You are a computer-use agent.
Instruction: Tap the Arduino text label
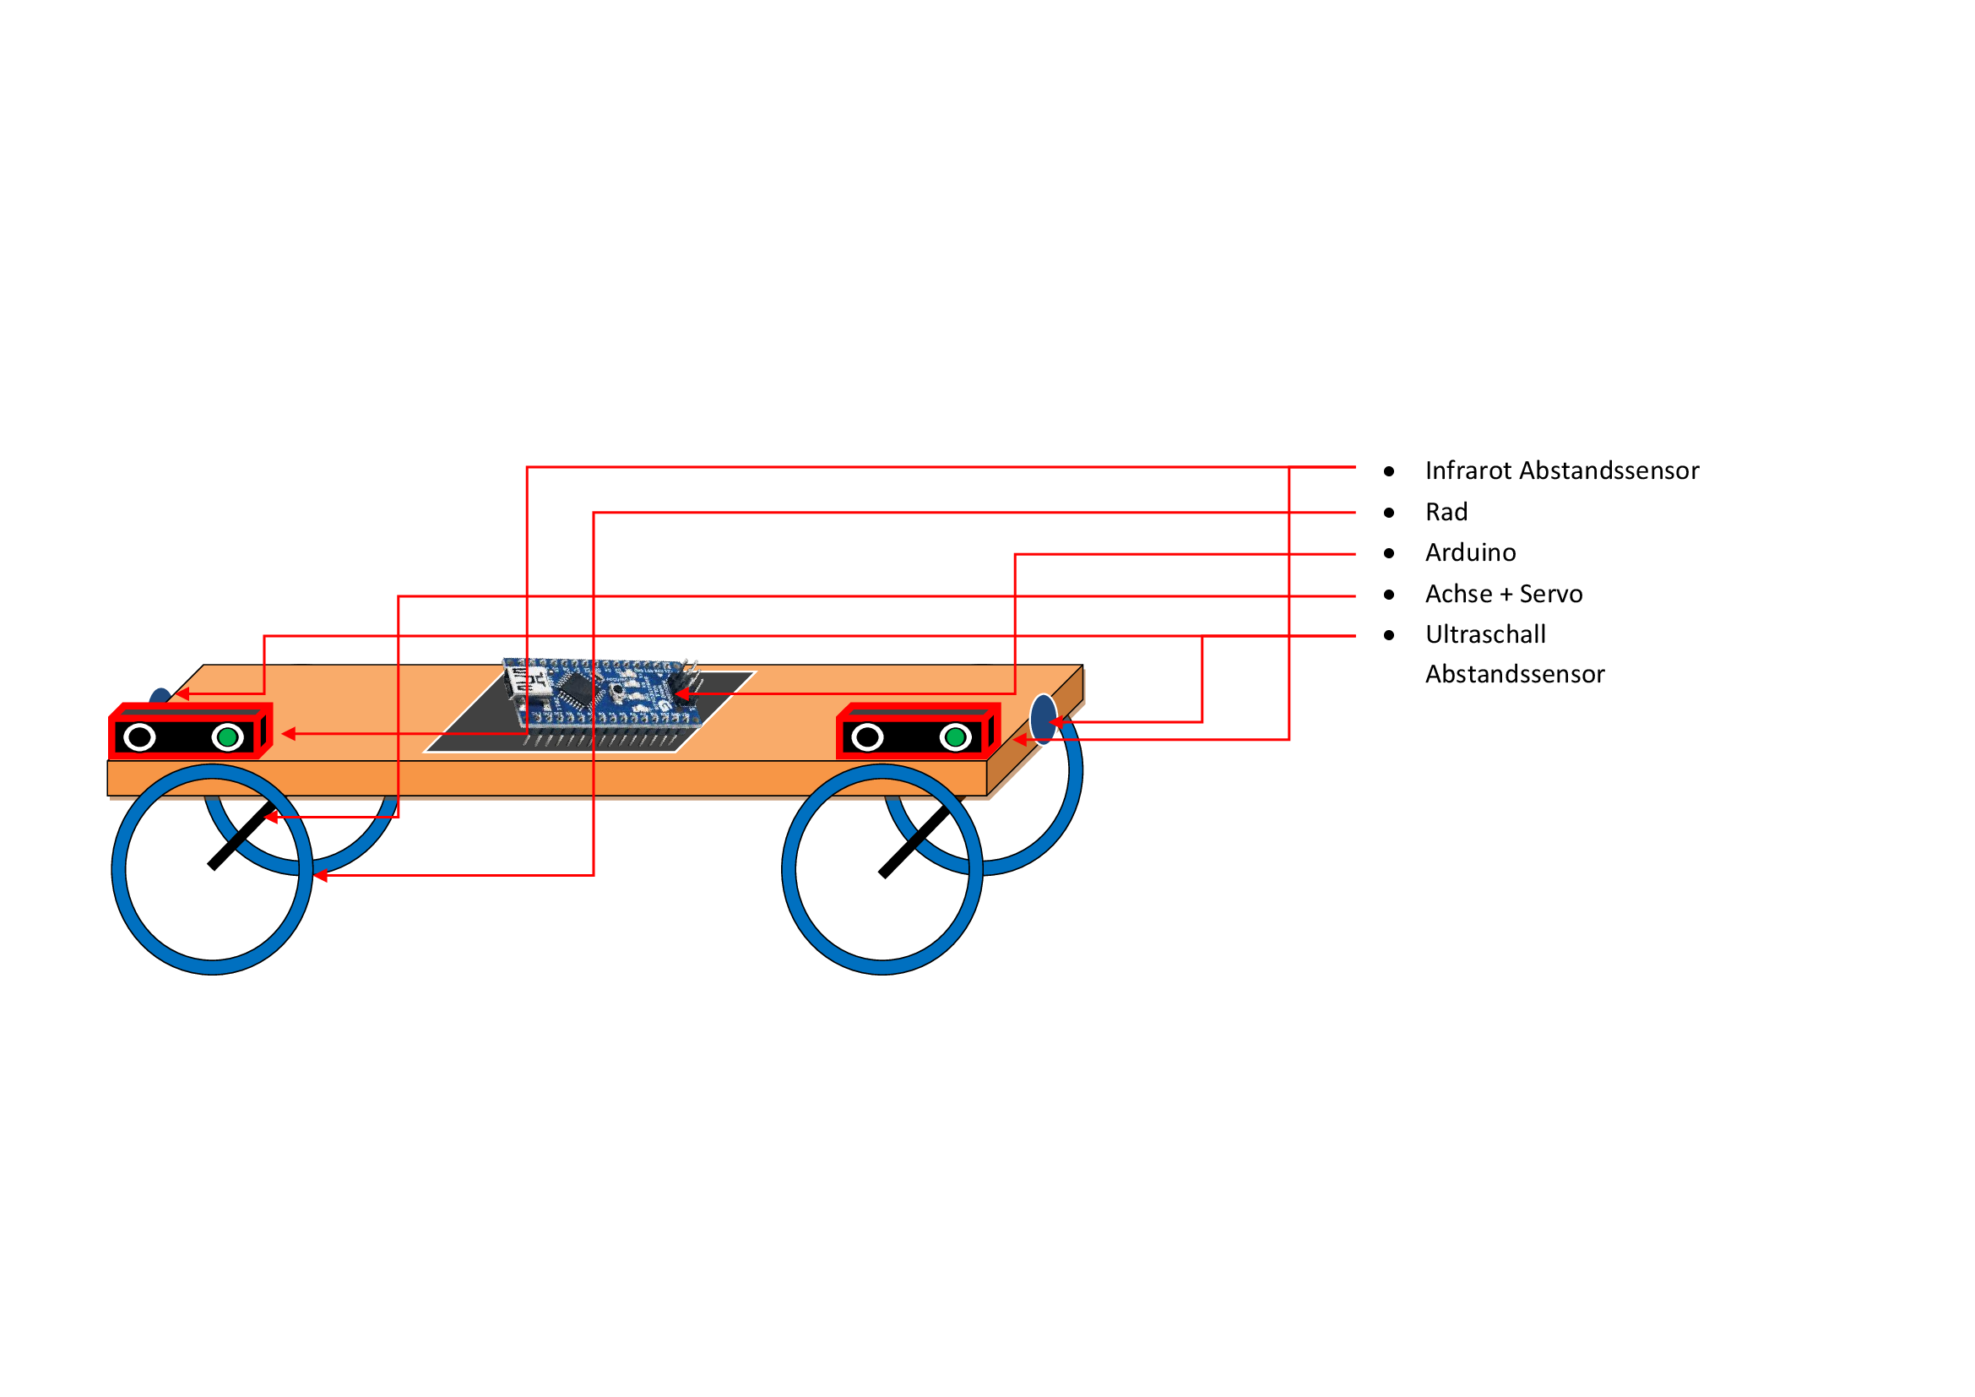click(1470, 552)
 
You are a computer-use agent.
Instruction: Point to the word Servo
click(1551, 594)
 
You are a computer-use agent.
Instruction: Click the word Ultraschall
click(1485, 634)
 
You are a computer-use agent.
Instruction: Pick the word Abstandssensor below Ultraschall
click(1515, 673)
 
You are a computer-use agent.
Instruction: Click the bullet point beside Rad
click(1389, 513)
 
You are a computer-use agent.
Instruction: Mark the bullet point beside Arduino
click(1389, 553)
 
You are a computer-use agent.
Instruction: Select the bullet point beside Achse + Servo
click(1389, 595)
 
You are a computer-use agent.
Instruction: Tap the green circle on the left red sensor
click(228, 737)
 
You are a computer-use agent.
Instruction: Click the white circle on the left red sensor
click(139, 737)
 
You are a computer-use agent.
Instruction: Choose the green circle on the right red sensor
click(955, 737)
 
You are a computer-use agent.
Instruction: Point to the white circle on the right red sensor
click(867, 737)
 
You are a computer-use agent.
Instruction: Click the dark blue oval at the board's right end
click(1043, 719)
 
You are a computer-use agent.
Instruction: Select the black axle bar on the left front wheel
click(241, 836)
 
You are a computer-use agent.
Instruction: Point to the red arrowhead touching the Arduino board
click(681, 693)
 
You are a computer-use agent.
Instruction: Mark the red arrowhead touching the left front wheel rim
click(320, 876)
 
